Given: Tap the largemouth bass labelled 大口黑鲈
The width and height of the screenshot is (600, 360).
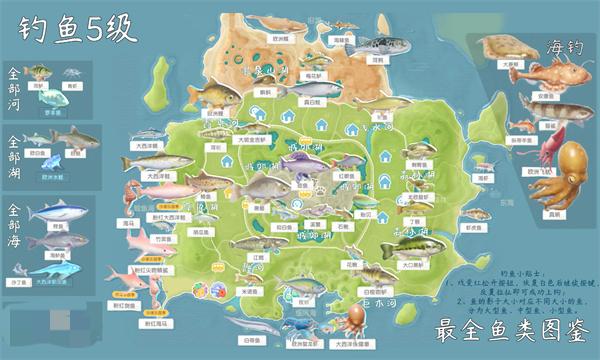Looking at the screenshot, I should coord(409,244).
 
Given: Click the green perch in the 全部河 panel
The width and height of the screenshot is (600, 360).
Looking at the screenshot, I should coord(37,71).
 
